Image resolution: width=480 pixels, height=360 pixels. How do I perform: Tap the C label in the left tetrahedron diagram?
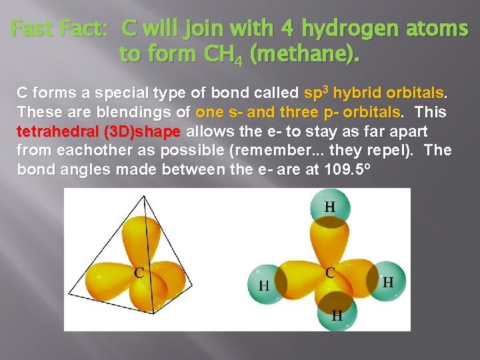click(x=139, y=272)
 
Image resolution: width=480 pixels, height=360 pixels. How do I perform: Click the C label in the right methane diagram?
click(x=330, y=273)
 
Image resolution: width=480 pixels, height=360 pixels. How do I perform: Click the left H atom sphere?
click(x=265, y=283)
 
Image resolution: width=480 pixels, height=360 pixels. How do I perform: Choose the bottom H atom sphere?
click(x=337, y=313)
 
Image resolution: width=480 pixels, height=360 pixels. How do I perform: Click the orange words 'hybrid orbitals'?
click(x=388, y=92)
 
